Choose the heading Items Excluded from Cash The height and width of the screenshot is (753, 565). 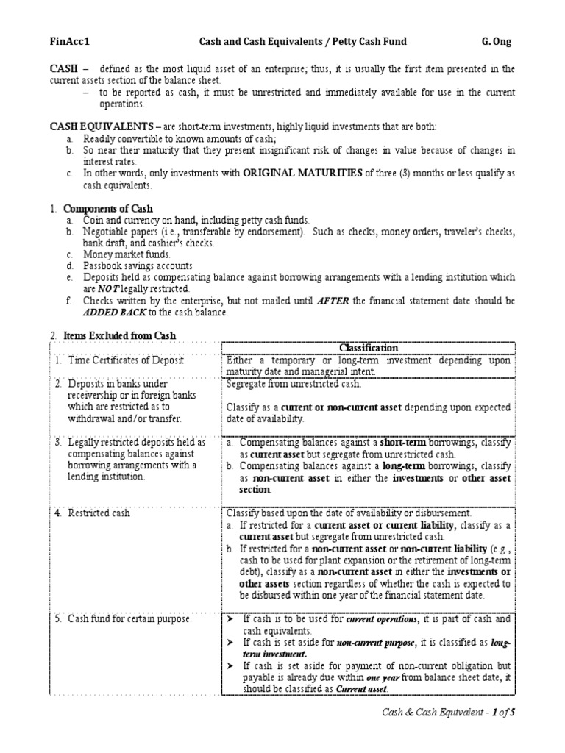[x=120, y=335]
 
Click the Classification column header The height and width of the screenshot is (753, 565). [x=369, y=348]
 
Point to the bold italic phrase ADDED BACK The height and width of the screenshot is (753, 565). [x=83, y=312]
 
